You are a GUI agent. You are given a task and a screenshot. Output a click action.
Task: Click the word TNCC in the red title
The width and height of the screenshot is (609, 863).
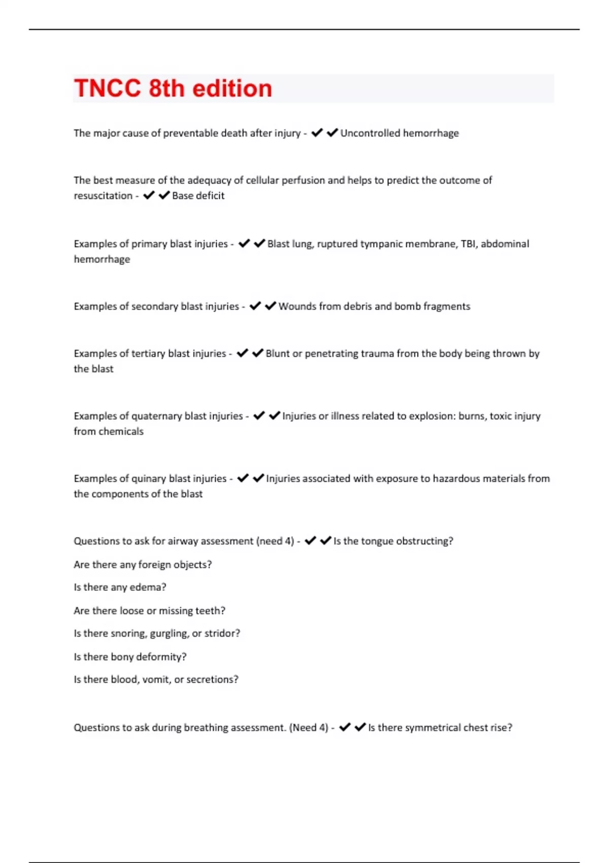point(108,88)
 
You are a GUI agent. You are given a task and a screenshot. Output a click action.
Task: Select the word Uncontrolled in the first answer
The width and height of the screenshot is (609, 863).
point(370,133)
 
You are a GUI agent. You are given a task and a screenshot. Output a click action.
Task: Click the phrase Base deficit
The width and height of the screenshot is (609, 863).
point(198,196)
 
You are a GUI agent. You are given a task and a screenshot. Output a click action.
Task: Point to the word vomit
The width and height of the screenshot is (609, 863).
point(156,680)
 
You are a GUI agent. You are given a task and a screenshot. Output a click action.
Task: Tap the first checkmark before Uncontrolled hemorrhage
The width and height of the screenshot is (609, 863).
point(317,133)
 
